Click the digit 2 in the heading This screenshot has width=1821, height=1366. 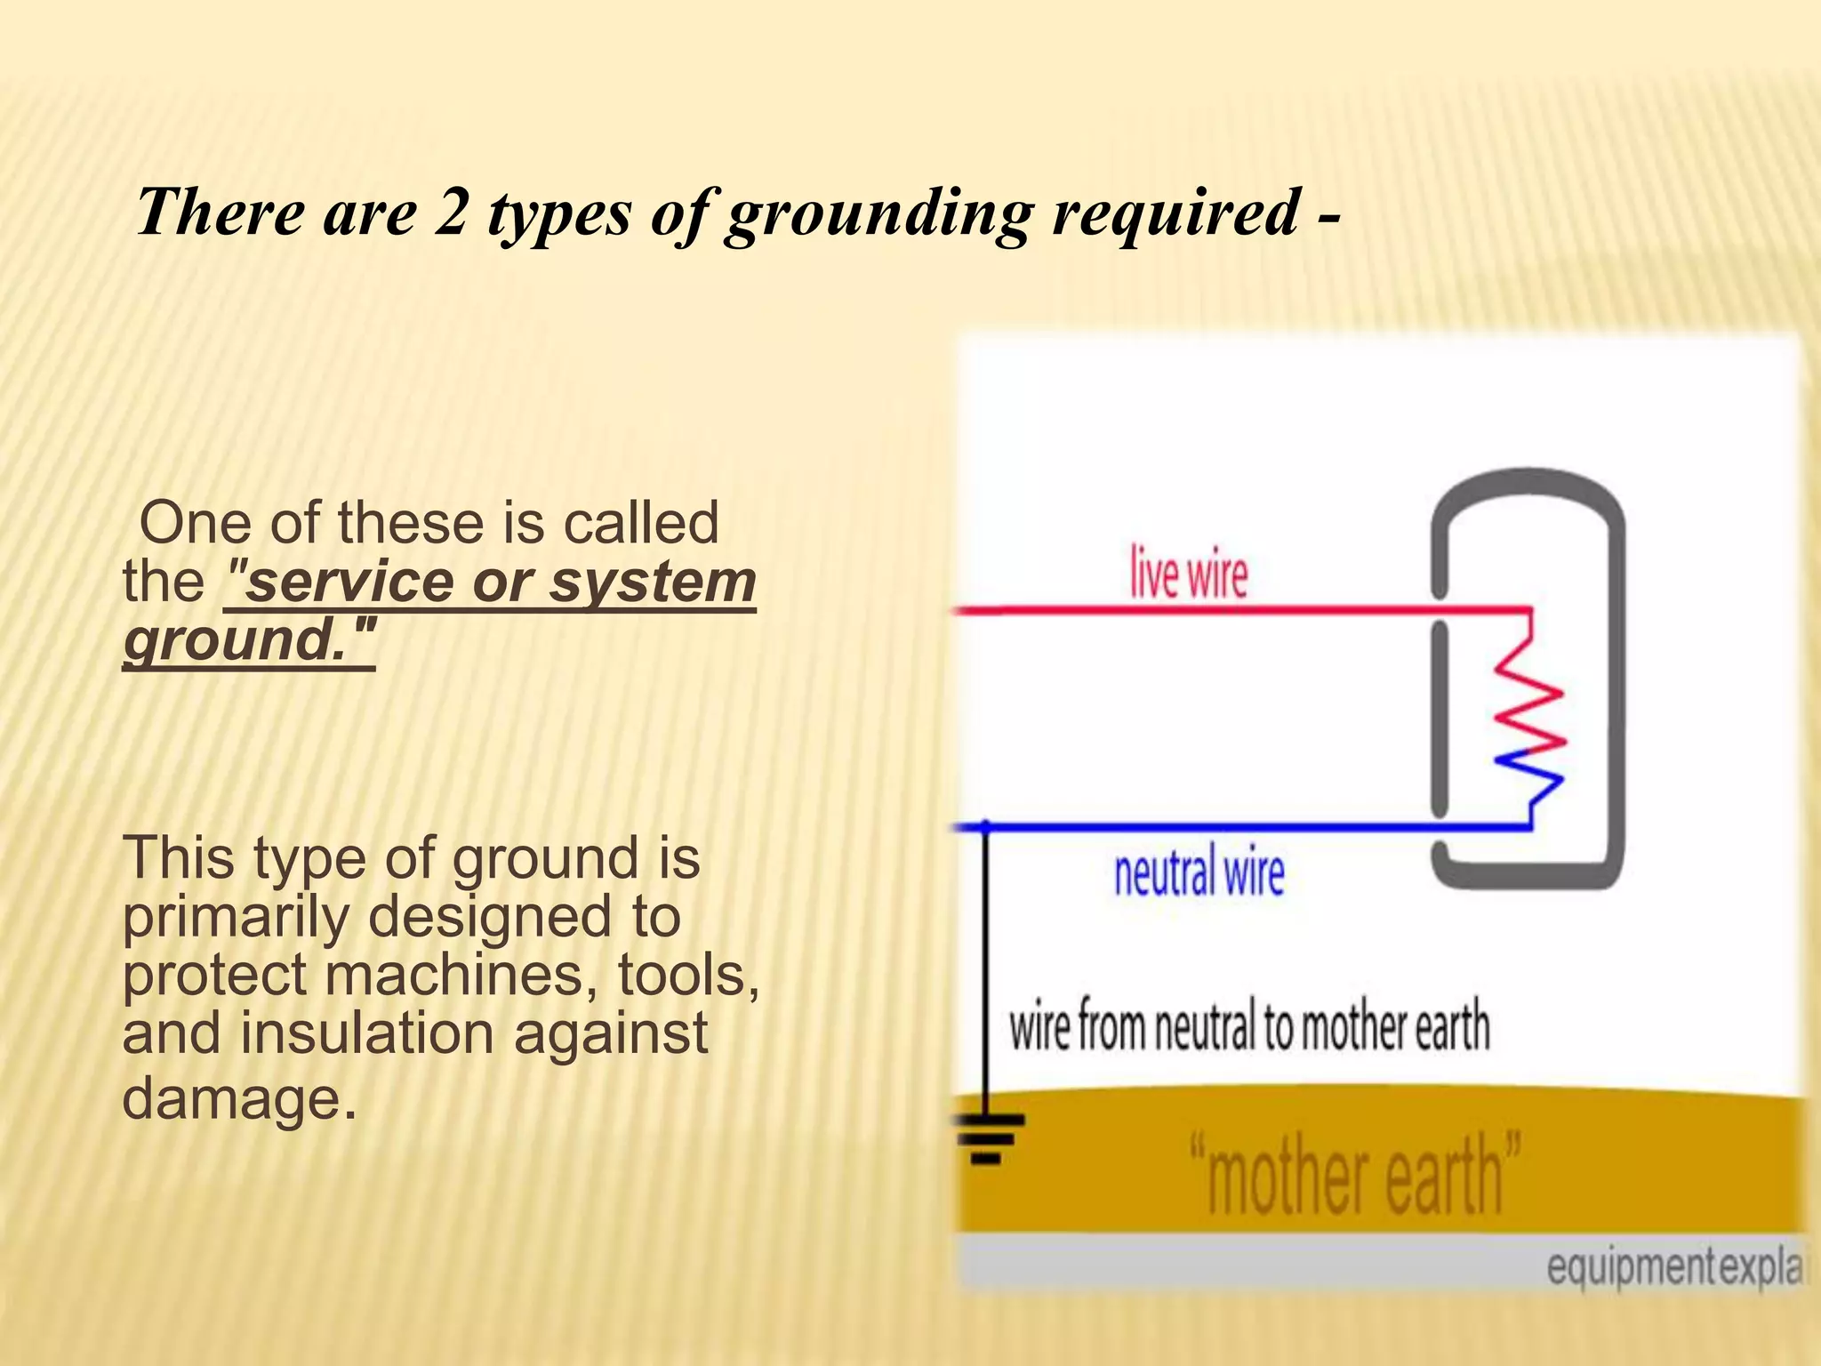(x=450, y=213)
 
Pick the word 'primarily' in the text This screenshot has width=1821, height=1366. (x=236, y=917)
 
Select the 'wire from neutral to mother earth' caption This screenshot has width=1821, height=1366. (x=1248, y=1026)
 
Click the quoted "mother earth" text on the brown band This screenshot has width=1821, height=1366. (x=1355, y=1173)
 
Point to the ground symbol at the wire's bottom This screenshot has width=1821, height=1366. (x=987, y=1137)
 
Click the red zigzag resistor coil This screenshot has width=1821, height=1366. (x=1528, y=694)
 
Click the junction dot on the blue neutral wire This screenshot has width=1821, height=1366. (x=985, y=826)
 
